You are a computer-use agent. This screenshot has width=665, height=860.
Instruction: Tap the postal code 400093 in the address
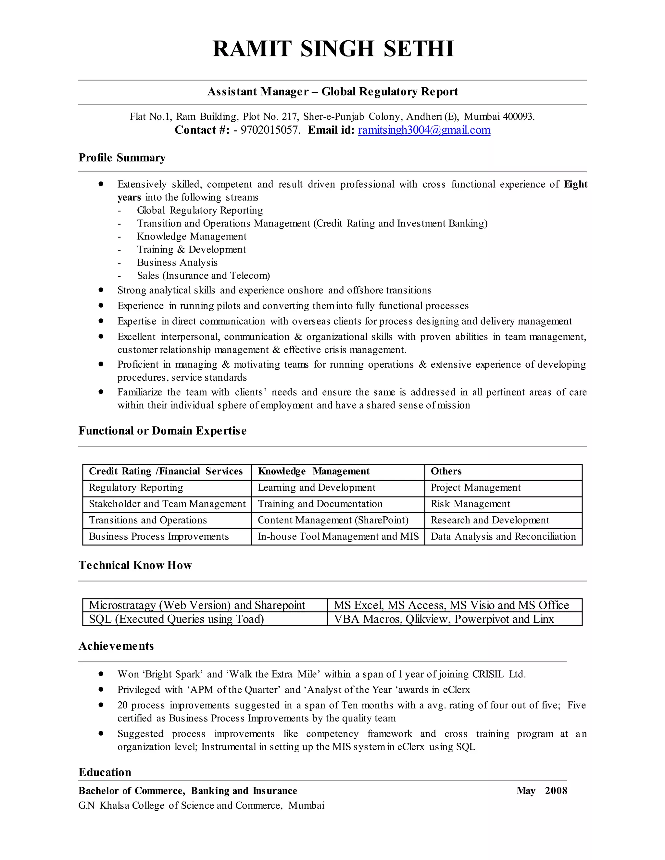click(x=518, y=117)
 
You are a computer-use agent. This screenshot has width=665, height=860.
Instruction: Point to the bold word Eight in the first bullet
click(x=575, y=184)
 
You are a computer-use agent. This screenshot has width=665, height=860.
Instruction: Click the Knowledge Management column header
click(x=313, y=471)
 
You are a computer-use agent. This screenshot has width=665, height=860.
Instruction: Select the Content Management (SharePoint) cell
click(x=333, y=520)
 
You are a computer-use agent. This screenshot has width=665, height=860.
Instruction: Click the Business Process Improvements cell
click(x=159, y=536)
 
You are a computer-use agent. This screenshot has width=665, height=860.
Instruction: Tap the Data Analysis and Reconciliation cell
click(x=503, y=536)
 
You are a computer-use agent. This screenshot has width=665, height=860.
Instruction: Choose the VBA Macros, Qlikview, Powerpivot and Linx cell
click(x=444, y=619)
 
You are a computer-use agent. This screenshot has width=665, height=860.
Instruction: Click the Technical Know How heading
click(x=135, y=565)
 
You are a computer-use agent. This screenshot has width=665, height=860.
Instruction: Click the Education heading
click(x=105, y=772)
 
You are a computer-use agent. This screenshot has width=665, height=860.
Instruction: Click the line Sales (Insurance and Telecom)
click(x=203, y=276)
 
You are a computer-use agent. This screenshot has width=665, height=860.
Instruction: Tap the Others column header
click(x=446, y=471)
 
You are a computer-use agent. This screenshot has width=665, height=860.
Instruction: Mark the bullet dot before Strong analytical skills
click(x=101, y=290)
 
